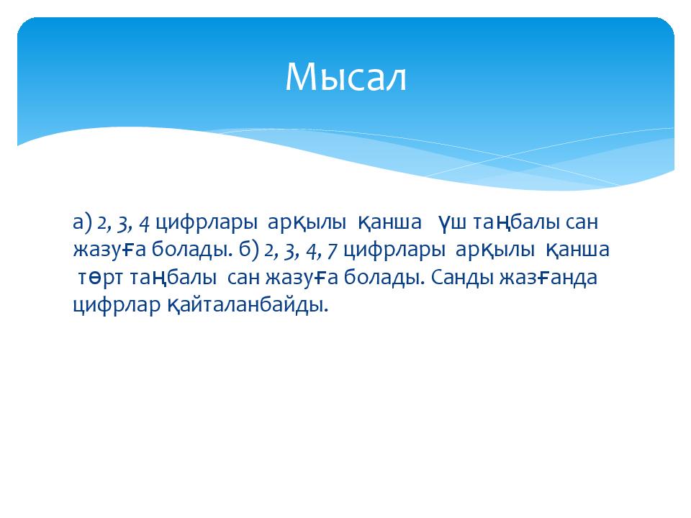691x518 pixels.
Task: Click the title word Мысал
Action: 345,77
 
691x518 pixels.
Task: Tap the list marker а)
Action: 82,222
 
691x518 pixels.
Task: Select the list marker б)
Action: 248,250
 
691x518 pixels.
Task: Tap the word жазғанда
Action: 548,278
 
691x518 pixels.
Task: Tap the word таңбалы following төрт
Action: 173,278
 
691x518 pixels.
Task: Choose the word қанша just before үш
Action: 389,223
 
